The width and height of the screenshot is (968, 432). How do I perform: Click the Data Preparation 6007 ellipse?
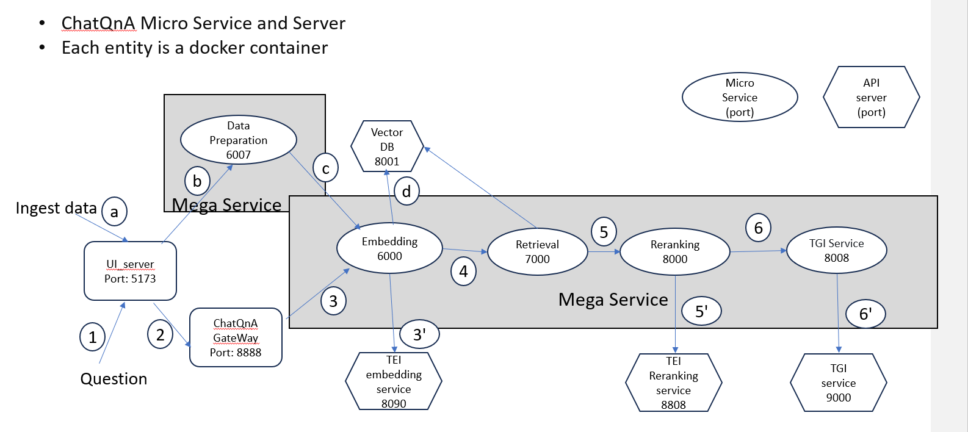[238, 140]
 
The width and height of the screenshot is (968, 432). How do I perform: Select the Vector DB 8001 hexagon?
[387, 146]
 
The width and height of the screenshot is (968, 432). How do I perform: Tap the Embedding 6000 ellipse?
[389, 248]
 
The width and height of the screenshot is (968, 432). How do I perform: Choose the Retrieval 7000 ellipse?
[537, 251]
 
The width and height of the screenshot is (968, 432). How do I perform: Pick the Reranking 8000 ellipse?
[674, 251]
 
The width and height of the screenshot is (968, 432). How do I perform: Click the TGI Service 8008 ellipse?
[836, 250]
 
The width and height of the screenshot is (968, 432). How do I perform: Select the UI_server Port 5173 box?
[130, 271]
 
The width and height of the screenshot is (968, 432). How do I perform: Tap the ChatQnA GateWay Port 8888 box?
[236, 337]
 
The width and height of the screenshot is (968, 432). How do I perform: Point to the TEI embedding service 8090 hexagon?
[394, 381]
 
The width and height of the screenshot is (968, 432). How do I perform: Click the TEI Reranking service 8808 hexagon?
[673, 383]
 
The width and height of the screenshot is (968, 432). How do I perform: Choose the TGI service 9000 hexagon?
[838, 383]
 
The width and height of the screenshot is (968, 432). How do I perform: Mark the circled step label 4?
[463, 271]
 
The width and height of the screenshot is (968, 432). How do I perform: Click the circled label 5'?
[701, 311]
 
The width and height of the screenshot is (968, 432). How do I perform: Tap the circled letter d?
[406, 192]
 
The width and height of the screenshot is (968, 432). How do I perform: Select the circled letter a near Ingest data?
[114, 212]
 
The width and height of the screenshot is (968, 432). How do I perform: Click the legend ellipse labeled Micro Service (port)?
[740, 97]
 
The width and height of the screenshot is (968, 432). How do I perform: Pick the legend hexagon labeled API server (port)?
[871, 97]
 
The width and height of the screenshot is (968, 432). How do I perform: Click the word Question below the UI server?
[114, 379]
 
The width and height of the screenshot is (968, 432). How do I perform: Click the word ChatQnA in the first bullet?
[98, 23]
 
